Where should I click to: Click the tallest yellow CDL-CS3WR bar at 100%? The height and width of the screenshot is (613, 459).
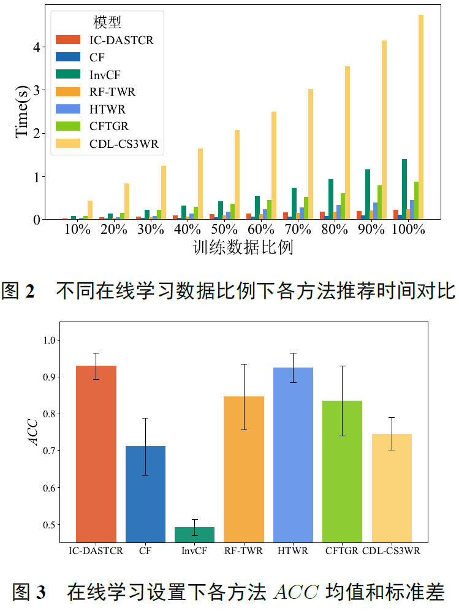click(x=421, y=117)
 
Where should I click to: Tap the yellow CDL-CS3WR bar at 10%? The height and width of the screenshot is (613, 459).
click(x=90, y=210)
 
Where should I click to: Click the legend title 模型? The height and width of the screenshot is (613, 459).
click(x=107, y=22)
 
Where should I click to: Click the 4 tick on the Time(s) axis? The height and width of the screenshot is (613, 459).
click(x=36, y=47)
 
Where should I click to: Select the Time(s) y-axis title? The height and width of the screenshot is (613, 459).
click(x=22, y=112)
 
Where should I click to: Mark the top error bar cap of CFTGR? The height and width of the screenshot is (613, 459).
click(x=342, y=366)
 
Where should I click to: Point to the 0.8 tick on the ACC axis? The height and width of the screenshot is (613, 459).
click(x=50, y=414)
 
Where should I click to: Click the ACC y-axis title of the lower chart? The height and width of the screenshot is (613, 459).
click(x=34, y=433)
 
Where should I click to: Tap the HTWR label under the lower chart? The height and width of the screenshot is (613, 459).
click(x=293, y=550)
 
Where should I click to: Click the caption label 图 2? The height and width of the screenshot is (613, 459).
click(x=18, y=290)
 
